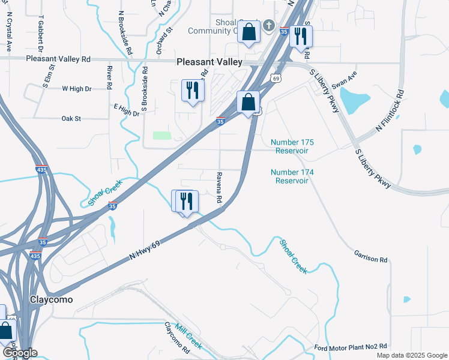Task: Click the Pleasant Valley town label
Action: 209,62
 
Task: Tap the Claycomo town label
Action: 52,299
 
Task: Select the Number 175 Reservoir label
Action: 292,146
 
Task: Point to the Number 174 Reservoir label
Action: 292,176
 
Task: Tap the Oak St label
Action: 71,119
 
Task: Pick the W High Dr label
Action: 77,88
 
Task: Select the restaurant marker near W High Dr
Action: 193,91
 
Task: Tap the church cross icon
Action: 269,26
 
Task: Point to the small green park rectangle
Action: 161,135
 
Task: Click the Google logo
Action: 19,353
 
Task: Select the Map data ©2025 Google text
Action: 411,355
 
